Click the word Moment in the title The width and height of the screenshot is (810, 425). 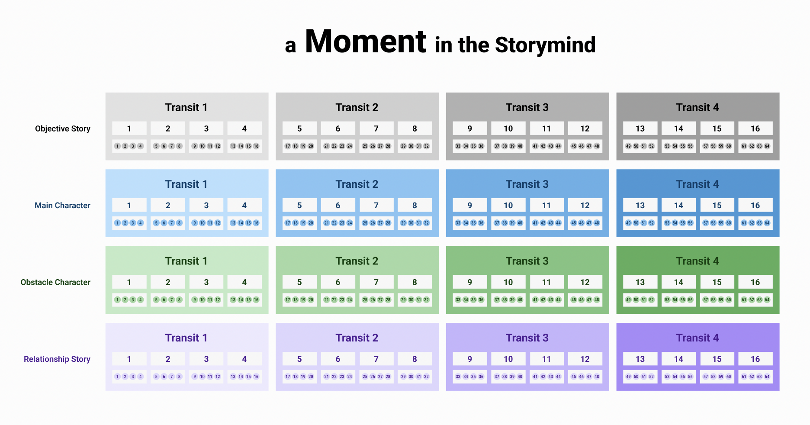click(x=366, y=42)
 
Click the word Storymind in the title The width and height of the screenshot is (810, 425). click(x=545, y=45)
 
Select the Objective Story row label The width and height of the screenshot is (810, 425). click(x=63, y=129)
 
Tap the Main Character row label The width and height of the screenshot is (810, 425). click(x=62, y=206)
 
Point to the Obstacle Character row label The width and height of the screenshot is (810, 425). click(x=55, y=282)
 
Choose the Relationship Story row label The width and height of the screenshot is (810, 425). click(x=57, y=359)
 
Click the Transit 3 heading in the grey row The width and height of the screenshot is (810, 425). click(x=527, y=107)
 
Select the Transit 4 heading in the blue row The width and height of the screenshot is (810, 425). click(x=697, y=184)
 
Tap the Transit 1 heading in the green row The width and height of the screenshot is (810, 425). click(x=186, y=261)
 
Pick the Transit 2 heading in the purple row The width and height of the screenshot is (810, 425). click(x=357, y=338)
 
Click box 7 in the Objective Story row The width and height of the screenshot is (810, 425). click(x=376, y=129)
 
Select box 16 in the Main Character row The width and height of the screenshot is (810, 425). click(x=755, y=206)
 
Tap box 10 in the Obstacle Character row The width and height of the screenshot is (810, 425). click(x=508, y=282)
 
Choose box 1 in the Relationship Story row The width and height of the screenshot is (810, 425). click(x=129, y=359)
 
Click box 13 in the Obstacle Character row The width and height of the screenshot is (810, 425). click(x=640, y=282)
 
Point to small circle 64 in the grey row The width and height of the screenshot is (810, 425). click(x=767, y=146)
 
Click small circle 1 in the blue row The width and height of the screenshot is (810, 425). click(x=117, y=223)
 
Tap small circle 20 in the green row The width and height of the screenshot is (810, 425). click(x=311, y=300)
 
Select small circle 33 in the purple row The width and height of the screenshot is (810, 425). click(x=458, y=377)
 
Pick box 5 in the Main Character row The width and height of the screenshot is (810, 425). click(x=299, y=206)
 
